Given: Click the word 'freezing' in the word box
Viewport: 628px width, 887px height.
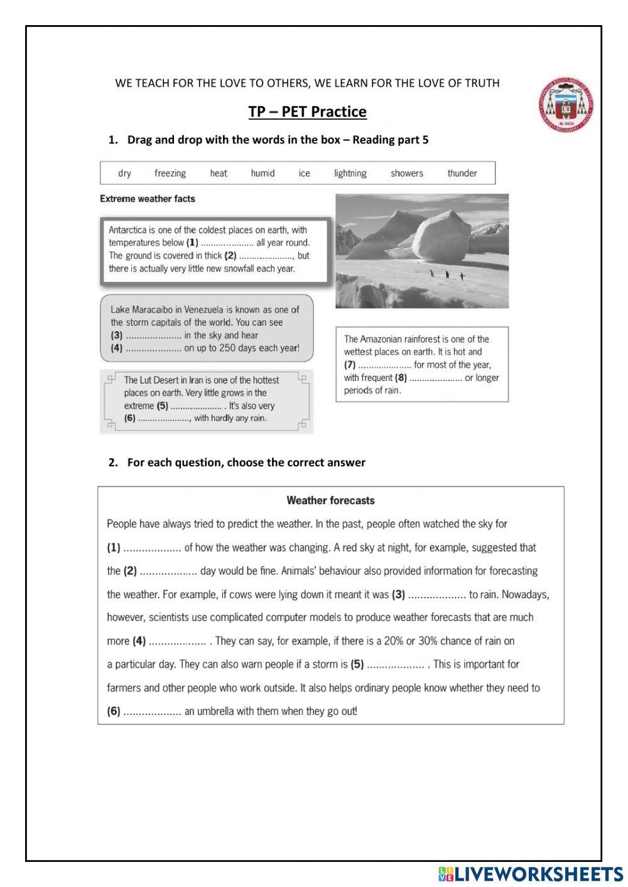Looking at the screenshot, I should click(x=170, y=173).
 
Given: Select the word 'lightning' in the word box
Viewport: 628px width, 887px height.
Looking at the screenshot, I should click(x=350, y=173).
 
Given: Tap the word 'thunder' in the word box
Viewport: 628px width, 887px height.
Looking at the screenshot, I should click(x=462, y=173).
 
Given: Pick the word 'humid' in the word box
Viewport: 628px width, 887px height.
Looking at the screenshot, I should click(x=263, y=173).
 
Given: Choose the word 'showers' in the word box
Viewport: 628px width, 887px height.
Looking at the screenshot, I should click(x=407, y=173).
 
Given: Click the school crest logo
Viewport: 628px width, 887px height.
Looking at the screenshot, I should click(x=565, y=105).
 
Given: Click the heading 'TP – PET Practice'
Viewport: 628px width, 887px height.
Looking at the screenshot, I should click(x=307, y=112).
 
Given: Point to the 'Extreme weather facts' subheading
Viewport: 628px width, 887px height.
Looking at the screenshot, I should click(x=148, y=199).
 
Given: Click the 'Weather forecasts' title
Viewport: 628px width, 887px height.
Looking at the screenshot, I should click(x=330, y=501).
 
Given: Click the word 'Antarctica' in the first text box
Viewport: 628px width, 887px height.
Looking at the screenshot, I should click(x=127, y=230).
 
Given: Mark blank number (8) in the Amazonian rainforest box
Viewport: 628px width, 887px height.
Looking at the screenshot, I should click(x=435, y=378).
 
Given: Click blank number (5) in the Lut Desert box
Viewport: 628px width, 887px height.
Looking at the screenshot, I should click(x=196, y=406).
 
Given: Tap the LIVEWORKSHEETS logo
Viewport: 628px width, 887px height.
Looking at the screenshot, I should click(x=531, y=874).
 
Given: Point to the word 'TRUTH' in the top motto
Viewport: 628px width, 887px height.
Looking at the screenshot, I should click(x=482, y=83).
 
